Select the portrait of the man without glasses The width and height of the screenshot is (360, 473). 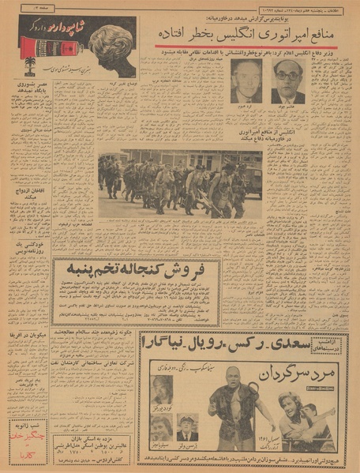246,82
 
